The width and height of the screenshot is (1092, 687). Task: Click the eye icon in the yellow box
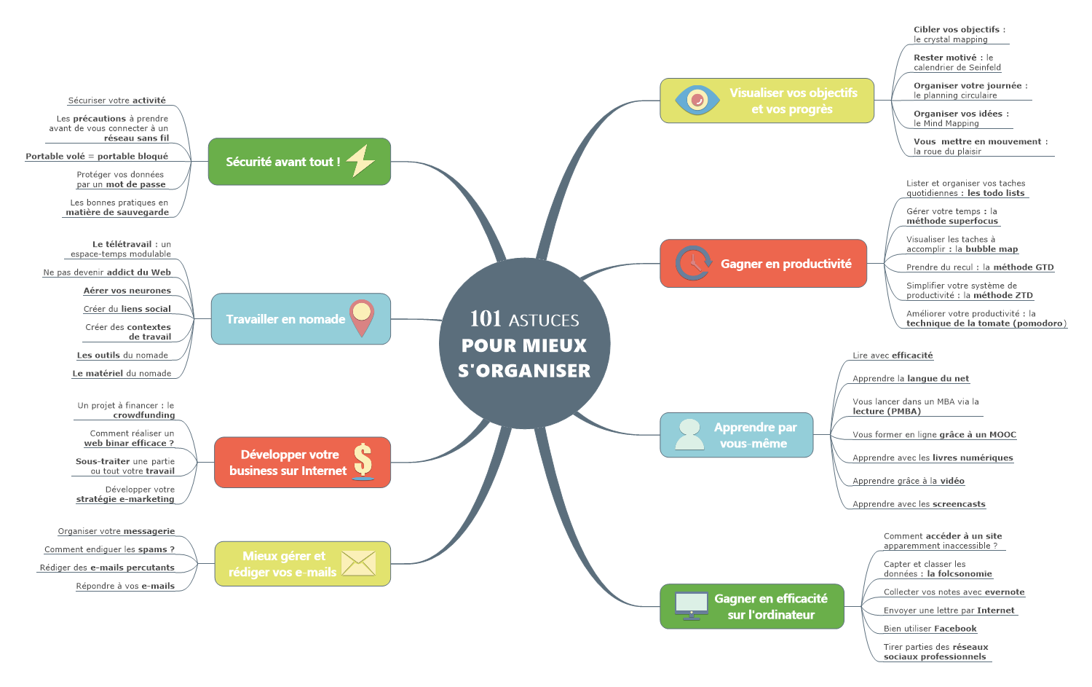[x=697, y=100]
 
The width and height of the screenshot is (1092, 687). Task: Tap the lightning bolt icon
[x=360, y=161]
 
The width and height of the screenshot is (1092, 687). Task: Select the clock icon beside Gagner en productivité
[x=693, y=263]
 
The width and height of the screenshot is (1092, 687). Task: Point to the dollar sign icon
[x=363, y=461]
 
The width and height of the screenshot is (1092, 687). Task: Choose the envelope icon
[x=358, y=563]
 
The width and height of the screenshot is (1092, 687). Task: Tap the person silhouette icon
[x=689, y=434]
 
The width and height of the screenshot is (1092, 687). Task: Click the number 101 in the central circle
[x=486, y=318]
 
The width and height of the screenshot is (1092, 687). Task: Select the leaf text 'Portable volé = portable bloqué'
[x=97, y=156]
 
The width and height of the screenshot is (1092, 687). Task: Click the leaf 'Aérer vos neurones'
[x=127, y=291]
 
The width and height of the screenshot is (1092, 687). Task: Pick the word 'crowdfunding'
[x=144, y=415]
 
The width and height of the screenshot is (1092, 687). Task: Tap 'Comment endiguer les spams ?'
[x=109, y=549]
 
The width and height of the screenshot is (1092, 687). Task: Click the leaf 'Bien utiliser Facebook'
[x=930, y=629]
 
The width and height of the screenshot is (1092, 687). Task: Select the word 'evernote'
[x=1005, y=592]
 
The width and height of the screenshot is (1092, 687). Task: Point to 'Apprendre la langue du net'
[x=911, y=379]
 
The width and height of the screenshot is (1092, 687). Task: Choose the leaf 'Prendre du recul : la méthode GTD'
[x=980, y=267]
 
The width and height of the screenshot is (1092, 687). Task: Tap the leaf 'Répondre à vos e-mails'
[x=125, y=586]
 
